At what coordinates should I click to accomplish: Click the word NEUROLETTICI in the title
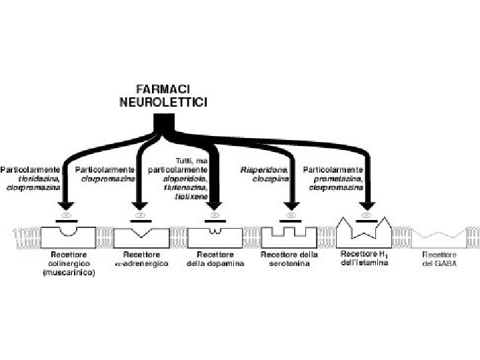(163, 102)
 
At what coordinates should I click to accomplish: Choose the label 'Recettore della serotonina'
(289, 259)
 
